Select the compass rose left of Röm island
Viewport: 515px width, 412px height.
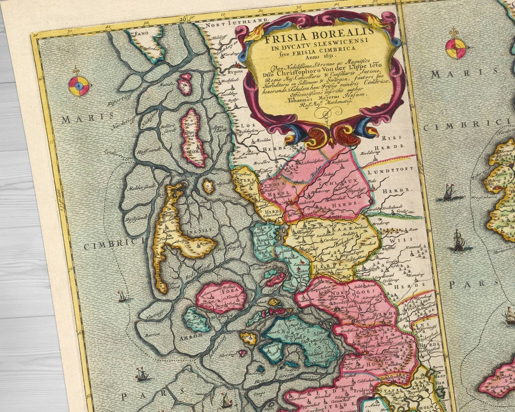point(79,84)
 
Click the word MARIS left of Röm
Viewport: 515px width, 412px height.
point(81,119)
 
